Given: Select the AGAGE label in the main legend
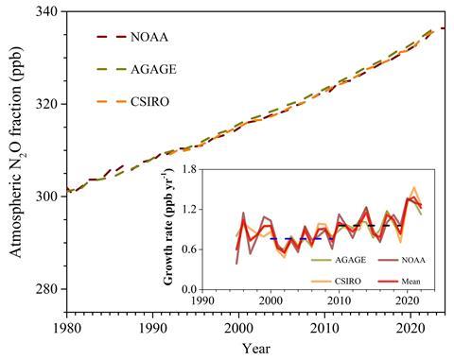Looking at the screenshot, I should click(166, 69).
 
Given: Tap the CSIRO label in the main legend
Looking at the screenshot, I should click(165, 101).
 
